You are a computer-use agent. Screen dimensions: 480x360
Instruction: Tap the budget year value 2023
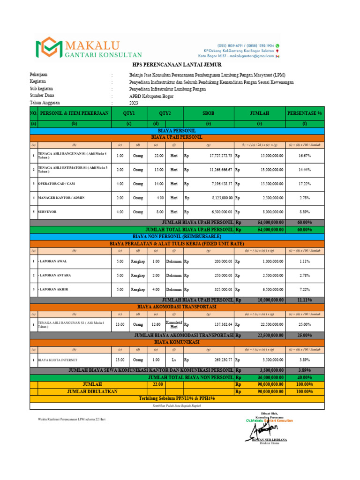coord(134,104)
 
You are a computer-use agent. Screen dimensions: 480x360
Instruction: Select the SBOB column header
coord(208,113)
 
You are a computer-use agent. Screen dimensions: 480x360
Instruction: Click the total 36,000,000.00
coord(267,377)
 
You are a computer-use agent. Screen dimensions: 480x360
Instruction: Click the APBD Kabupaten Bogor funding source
coord(151,96)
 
